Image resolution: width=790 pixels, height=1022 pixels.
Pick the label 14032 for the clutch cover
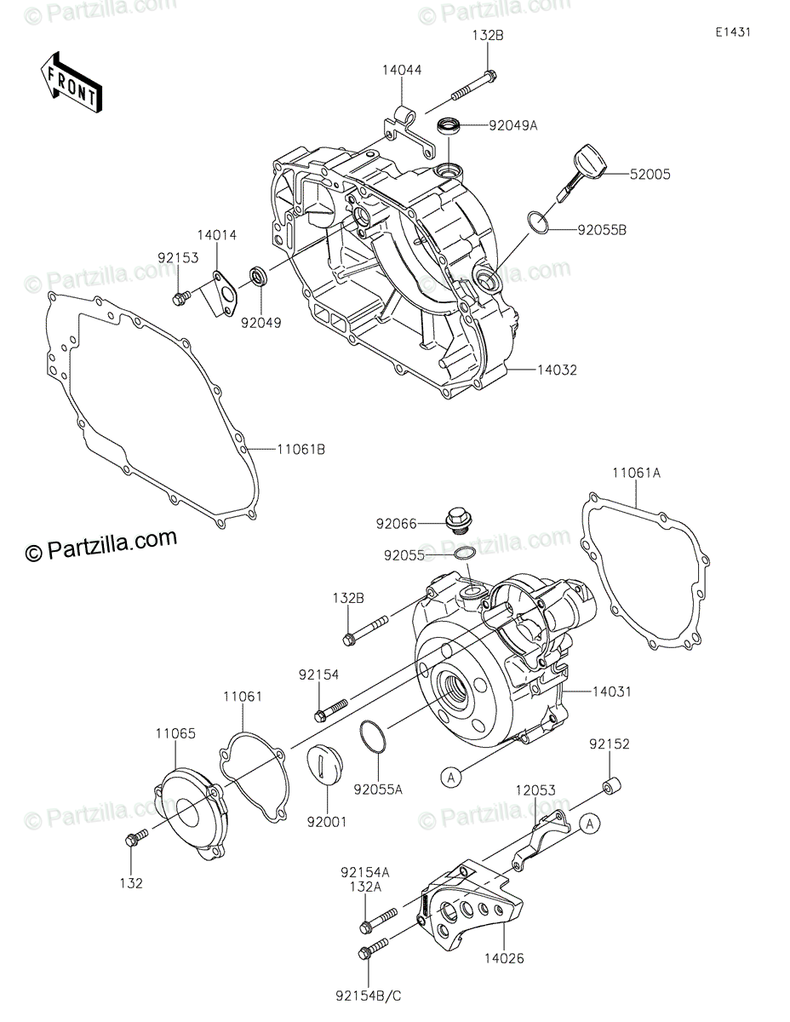558,370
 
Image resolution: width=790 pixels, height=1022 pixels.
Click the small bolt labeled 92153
180,297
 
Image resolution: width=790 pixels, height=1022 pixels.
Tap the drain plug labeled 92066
460,519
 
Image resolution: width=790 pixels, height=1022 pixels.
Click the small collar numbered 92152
610,784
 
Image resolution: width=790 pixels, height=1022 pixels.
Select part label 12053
534,791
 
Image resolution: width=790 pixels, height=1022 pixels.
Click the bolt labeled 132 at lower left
135,838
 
